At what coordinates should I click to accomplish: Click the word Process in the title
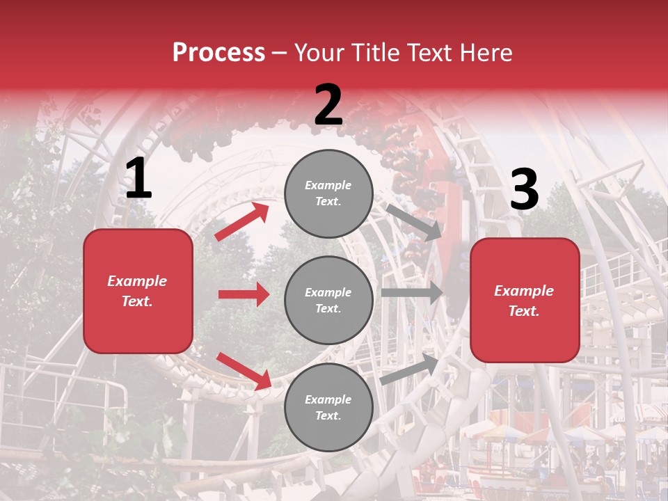218,53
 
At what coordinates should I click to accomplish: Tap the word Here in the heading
484,53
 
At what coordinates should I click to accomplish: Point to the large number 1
138,180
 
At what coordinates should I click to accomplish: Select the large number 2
328,106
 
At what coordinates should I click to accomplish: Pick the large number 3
524,190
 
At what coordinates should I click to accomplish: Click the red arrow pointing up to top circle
242,221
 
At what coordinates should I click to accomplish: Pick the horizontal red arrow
244,294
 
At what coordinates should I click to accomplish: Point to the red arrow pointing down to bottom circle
244,370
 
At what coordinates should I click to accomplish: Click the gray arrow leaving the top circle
413,222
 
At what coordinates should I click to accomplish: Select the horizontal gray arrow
411,293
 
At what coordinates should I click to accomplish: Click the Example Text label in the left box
137,291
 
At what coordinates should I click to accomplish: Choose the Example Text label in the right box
524,301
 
